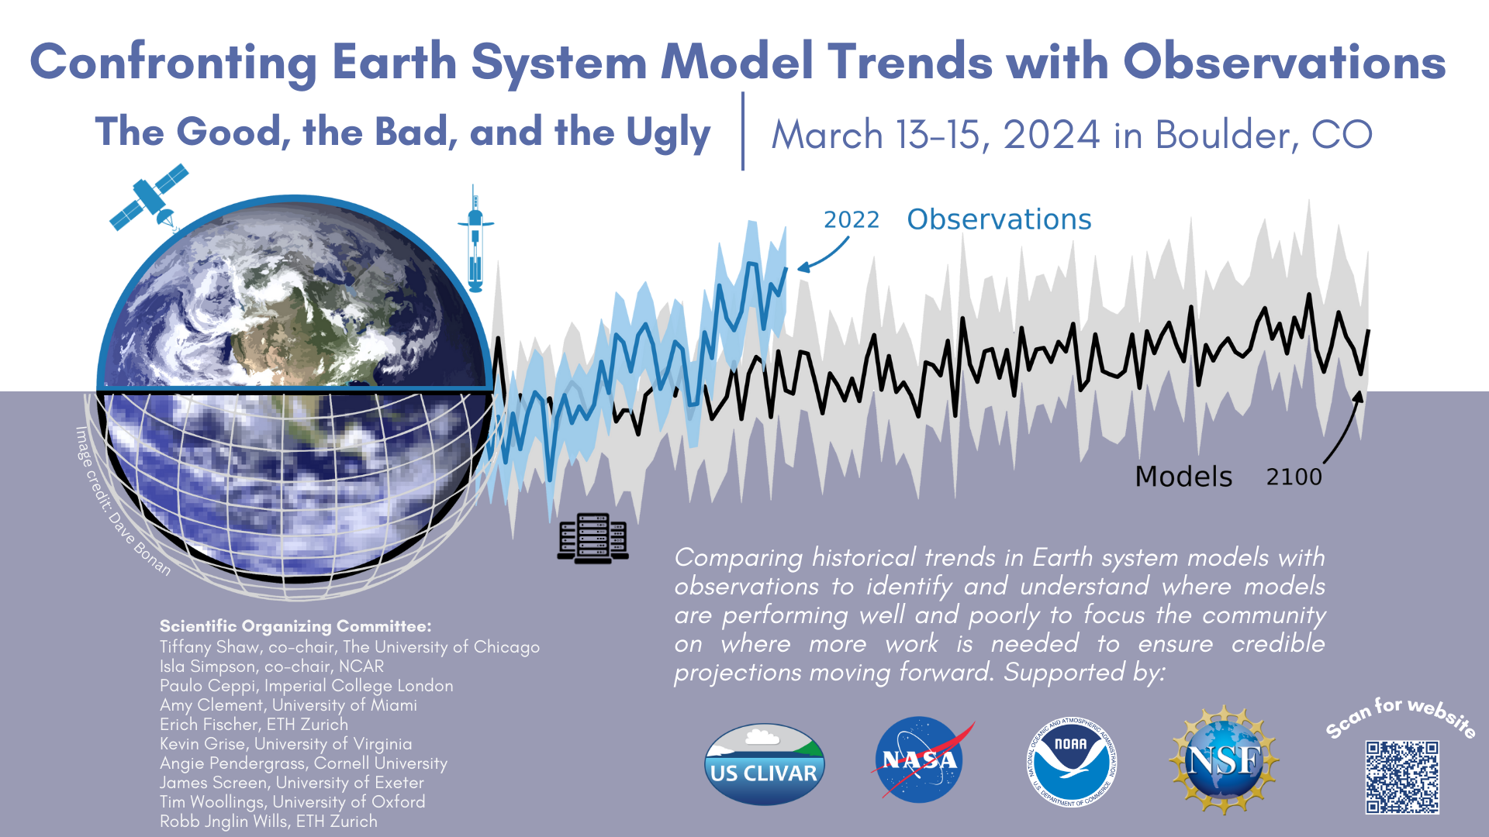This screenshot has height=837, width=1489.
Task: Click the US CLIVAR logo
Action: pos(764,764)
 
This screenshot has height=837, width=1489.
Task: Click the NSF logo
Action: pos(1224,759)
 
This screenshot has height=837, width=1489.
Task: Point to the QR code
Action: pos(1402,777)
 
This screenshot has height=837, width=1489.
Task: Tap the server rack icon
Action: pos(593,538)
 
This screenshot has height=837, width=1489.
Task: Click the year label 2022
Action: pos(851,220)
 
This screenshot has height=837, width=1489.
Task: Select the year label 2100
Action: pos(1294,477)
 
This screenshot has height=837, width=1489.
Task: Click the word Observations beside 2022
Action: pos(999,219)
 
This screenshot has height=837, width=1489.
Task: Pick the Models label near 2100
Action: pos(1183,477)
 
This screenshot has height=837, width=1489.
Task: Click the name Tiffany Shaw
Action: pos(208,647)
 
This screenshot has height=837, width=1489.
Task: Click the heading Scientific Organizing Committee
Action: pos(295,626)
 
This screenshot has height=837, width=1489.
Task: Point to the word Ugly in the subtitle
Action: pos(668,133)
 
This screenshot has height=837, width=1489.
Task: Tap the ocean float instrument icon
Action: pos(475,239)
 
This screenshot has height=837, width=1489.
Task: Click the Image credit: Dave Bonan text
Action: pos(122,502)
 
